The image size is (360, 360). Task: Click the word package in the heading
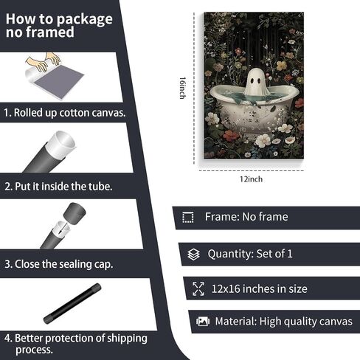tap(84, 20)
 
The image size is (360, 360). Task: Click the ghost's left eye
tap(252, 80)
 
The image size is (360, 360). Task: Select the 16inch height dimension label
tap(182, 88)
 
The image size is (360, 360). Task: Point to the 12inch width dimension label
tap(251, 179)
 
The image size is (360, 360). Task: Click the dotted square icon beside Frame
tap(188, 217)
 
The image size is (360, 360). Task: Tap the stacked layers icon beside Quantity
tap(194, 255)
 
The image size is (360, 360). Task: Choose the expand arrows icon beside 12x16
tap(198, 288)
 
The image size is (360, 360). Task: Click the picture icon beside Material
tap(203, 321)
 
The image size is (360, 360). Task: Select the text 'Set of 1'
tap(274, 254)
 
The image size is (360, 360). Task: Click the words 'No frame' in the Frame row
tap(265, 217)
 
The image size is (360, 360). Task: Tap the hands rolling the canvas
tap(44, 62)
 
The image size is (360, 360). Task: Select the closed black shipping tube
tap(72, 303)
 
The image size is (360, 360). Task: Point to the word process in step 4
tap(34, 350)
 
